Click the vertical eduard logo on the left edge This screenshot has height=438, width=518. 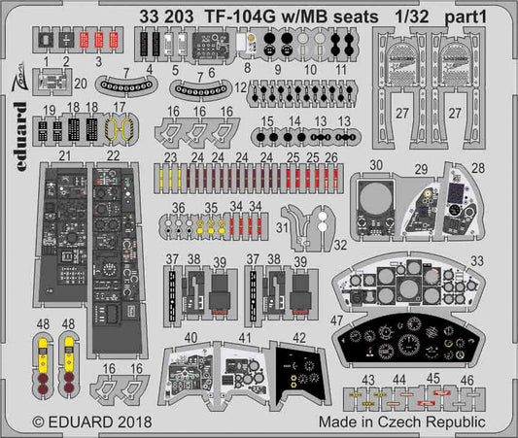click(22, 160)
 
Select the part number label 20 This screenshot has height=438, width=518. click(81, 84)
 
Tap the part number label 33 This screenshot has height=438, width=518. click(476, 259)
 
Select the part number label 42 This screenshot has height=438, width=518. click(299, 338)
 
